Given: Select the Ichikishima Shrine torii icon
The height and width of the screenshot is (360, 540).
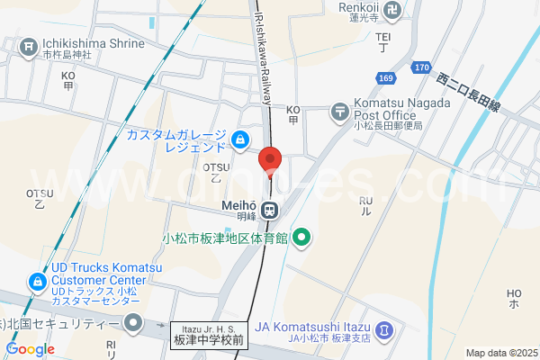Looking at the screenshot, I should (x=30, y=44).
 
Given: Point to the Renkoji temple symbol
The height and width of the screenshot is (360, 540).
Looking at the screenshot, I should (x=391, y=12).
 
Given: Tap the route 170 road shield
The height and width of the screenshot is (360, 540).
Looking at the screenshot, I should (x=422, y=67).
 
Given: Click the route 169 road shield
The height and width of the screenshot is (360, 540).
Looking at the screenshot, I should (x=385, y=79).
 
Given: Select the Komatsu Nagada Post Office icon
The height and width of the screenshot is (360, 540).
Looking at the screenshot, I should (x=340, y=112).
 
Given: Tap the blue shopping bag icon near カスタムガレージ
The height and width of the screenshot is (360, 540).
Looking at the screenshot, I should (x=240, y=139).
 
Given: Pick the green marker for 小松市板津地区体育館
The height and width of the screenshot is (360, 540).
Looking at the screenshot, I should (x=302, y=238).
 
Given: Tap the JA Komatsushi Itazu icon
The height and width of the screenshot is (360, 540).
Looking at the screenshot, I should (x=384, y=330).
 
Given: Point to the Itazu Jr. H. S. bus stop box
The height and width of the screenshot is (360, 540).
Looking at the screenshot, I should (x=208, y=337).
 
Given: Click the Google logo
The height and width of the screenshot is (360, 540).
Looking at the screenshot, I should (x=30, y=349).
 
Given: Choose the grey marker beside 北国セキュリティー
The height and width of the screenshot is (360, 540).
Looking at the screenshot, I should (x=134, y=322).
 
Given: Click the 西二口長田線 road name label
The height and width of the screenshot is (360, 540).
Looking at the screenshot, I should (x=468, y=93).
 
